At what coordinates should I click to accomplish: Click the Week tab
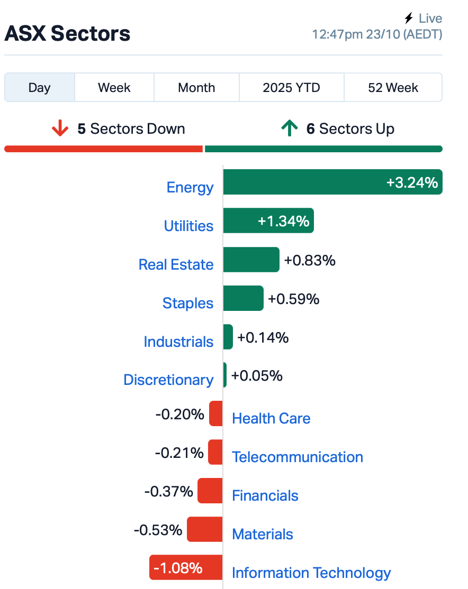114,87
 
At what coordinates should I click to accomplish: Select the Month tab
196,87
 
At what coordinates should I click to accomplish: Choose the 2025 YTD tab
291,87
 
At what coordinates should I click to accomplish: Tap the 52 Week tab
393,87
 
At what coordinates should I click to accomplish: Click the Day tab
40,87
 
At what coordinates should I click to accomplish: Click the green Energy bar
332,182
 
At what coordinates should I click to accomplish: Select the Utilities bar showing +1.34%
268,220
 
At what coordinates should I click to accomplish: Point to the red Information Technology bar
186,568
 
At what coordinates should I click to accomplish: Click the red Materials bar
204,529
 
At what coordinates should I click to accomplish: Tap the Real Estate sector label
176,264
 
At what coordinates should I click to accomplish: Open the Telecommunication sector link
298,457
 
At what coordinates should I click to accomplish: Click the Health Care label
271,418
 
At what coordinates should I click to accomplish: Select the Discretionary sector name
168,380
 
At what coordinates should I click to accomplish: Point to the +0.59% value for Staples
294,299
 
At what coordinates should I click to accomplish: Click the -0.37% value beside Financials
168,491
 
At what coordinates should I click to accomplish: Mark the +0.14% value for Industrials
263,337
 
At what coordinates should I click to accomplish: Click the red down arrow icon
60,128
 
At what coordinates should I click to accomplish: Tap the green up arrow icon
289,128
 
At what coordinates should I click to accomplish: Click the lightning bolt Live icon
408,19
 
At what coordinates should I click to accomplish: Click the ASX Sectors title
67,34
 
